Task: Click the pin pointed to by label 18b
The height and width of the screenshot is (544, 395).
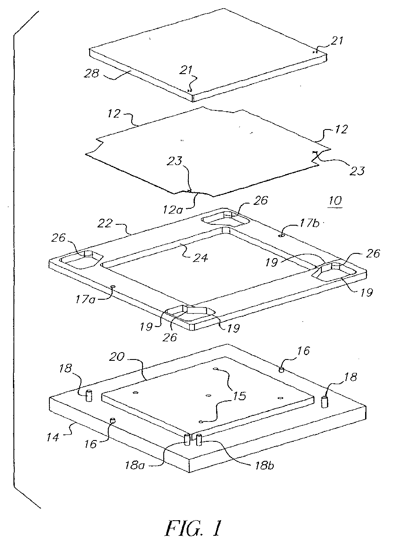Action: point(200,440)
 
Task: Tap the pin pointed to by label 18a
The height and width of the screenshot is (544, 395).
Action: point(188,439)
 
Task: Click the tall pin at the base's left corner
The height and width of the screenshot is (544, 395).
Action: point(89,395)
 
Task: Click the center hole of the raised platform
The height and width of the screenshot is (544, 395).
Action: point(208,395)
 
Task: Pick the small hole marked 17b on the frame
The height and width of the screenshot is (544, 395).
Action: point(281,236)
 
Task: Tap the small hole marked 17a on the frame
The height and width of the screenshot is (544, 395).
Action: point(112,286)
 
